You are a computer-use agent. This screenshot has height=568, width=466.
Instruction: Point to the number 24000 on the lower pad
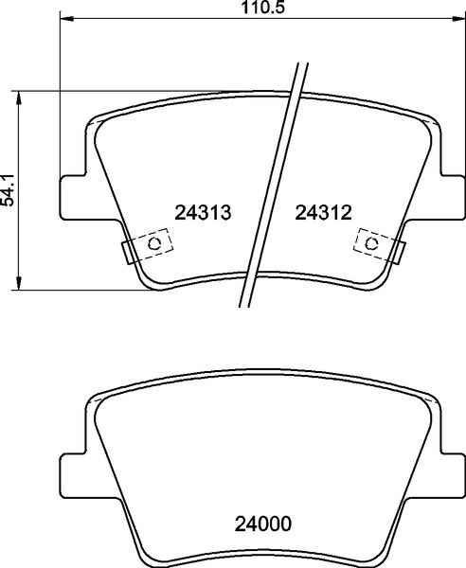pyautogui.click(x=263, y=523)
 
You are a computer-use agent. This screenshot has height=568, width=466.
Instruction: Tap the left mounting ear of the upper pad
pyautogui.click(x=74, y=196)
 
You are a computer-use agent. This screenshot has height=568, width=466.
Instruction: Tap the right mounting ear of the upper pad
pyautogui.click(x=452, y=196)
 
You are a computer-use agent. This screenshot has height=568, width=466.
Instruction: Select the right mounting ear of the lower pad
pyautogui.click(x=452, y=473)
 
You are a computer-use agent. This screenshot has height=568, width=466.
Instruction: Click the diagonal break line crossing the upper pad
pyautogui.click(x=275, y=180)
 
